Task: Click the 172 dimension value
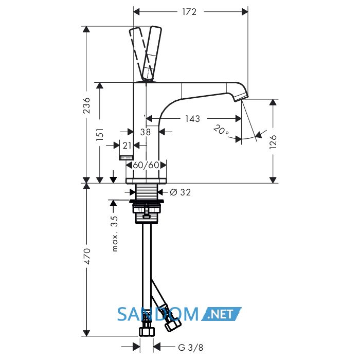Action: (x=189, y=12)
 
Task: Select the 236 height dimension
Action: (x=87, y=105)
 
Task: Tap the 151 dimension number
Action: (x=100, y=135)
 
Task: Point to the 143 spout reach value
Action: (x=193, y=119)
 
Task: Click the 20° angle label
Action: (x=221, y=130)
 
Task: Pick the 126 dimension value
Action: (x=273, y=142)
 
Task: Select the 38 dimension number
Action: (x=146, y=132)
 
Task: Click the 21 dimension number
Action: (x=127, y=146)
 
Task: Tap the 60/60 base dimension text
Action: (x=146, y=165)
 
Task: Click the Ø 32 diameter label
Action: (x=181, y=192)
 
